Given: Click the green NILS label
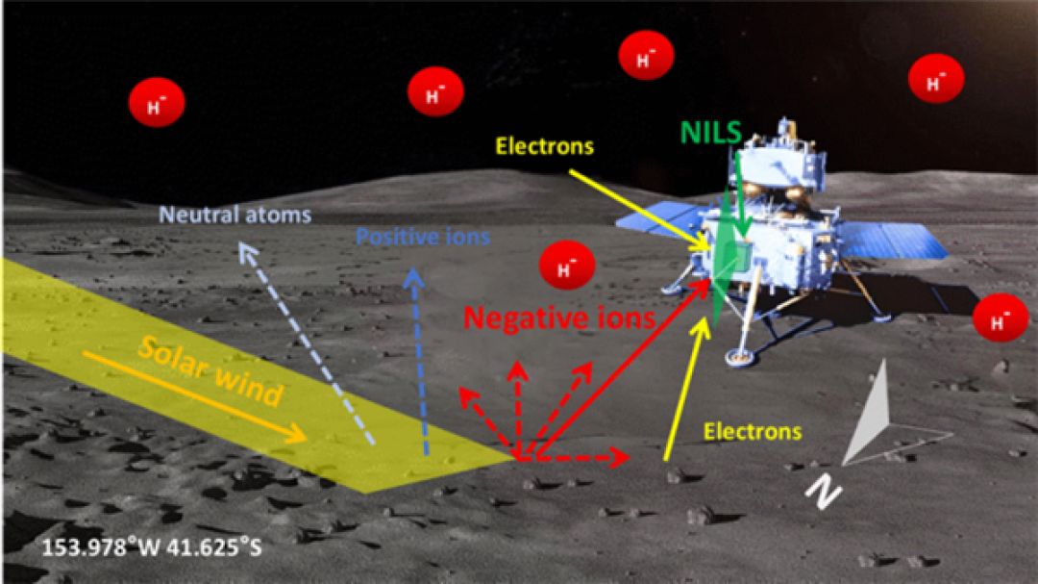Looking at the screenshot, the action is (710, 133).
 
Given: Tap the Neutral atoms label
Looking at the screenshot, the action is (235, 215).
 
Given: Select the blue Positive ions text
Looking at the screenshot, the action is (422, 237).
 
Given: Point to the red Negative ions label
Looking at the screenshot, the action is (559, 318).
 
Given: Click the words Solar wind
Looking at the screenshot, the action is (211, 371).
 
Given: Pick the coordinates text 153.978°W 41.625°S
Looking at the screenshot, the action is (152, 547).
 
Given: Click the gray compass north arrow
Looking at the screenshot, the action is (871, 415).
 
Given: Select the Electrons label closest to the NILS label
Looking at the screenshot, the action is (545, 146).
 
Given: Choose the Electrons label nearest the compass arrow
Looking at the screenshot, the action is (753, 432).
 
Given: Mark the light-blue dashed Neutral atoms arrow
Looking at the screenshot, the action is (306, 343).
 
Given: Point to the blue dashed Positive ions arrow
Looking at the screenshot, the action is (420, 361).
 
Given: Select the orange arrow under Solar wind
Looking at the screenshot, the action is (195, 396).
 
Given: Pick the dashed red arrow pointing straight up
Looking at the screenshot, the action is (518, 410).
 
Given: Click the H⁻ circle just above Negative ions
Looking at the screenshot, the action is (567, 266).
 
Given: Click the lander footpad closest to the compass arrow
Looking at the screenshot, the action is (739, 357).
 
